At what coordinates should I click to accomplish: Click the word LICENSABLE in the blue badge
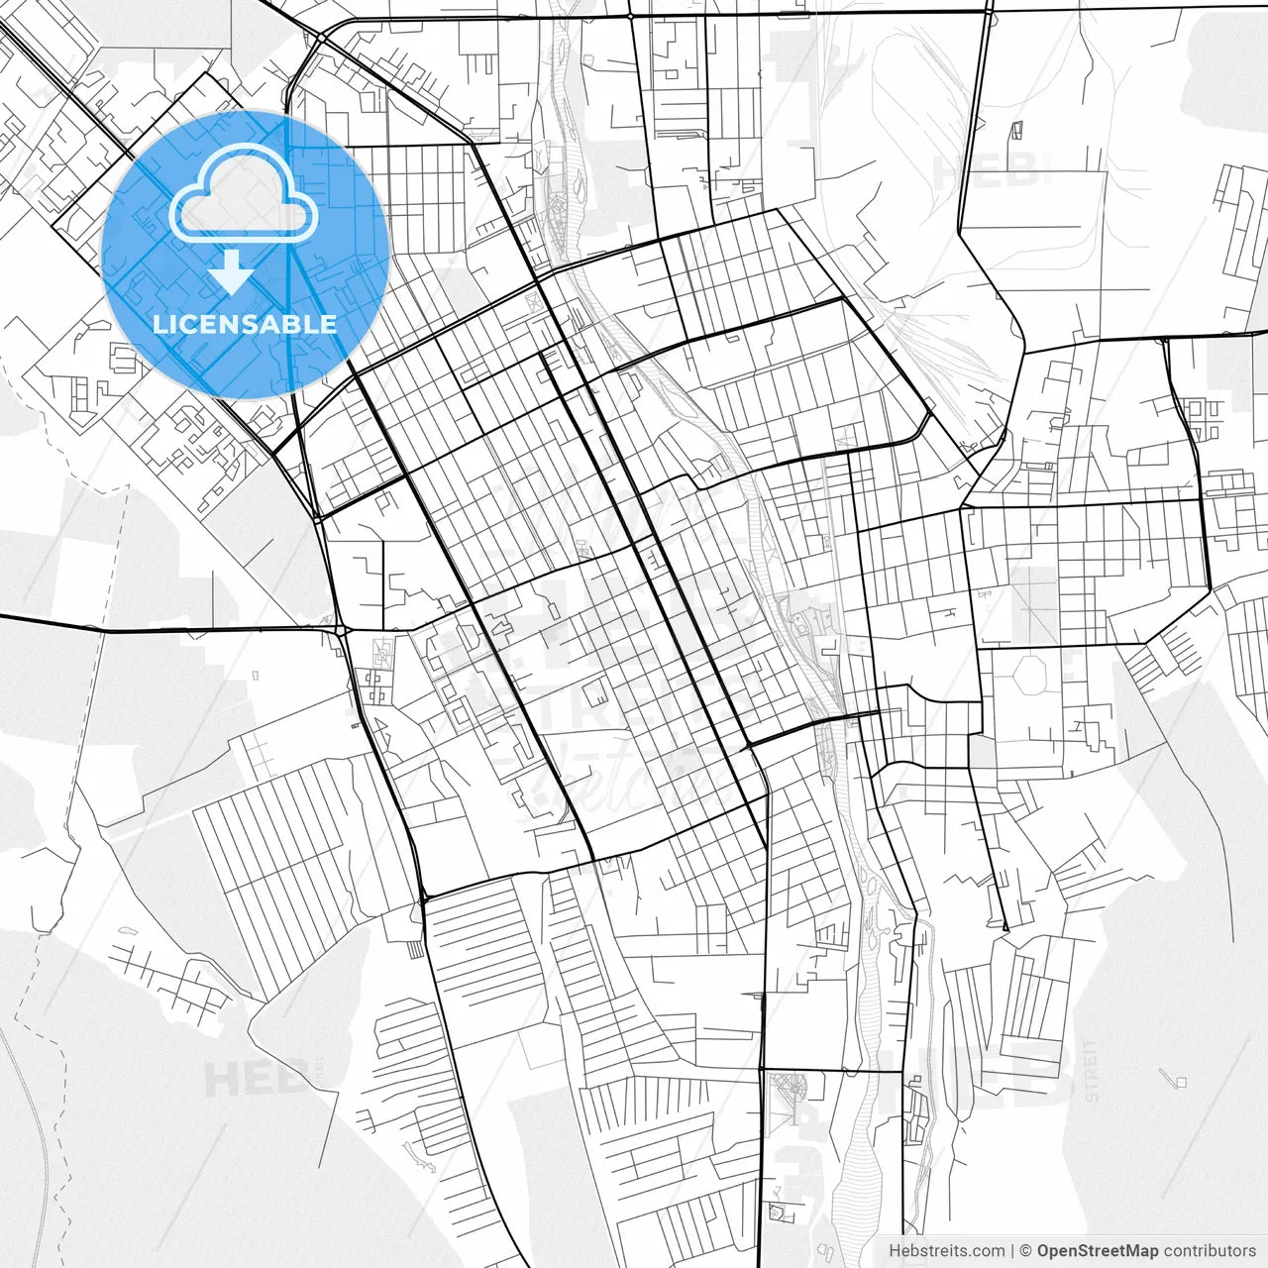[244, 324]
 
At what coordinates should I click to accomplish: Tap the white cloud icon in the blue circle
[244, 194]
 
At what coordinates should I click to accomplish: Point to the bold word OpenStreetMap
[1098, 1251]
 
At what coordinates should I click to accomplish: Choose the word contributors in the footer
[1211, 1251]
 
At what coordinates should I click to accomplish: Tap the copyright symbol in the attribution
[1025, 1251]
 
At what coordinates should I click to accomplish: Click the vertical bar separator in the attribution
[1011, 1251]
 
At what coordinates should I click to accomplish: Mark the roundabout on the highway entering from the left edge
[340, 630]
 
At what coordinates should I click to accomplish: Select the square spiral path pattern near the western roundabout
[374, 683]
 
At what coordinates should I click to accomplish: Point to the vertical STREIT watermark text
[1092, 1070]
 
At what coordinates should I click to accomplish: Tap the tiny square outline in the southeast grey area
[1179, 1081]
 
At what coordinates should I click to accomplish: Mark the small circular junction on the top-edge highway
[630, 17]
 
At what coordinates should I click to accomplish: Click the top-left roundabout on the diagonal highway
[321, 38]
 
